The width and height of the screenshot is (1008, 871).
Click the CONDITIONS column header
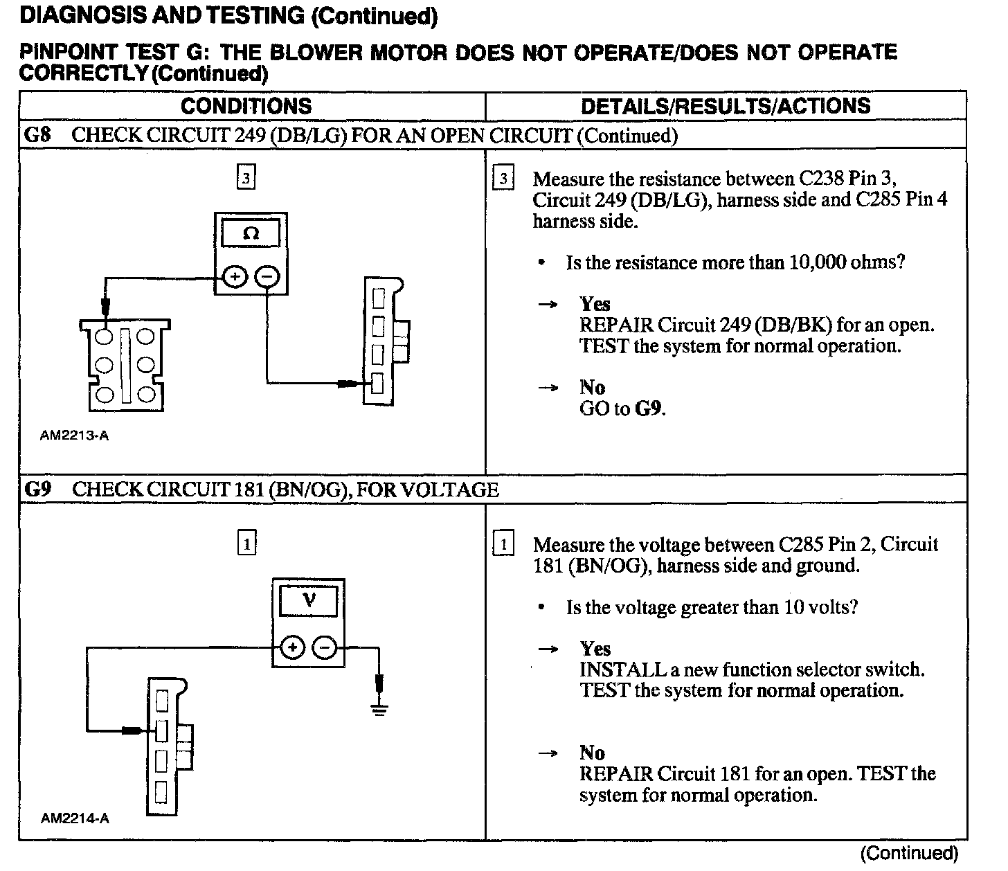point(246,106)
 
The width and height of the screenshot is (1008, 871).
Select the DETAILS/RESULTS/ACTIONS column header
point(726,106)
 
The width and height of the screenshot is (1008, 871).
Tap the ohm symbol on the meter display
point(251,234)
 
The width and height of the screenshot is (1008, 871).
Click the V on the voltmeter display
point(309,600)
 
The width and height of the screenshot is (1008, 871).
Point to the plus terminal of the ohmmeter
point(235,278)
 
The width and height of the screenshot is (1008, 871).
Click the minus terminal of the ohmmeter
point(267,278)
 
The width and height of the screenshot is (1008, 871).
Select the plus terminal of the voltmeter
point(293,648)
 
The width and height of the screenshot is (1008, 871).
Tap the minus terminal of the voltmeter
point(324,648)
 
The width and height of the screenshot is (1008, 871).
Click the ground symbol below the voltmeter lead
point(379,709)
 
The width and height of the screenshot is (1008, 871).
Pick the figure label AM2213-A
point(74,435)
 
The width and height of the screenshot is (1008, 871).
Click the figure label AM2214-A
point(75,818)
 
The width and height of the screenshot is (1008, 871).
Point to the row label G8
point(37,135)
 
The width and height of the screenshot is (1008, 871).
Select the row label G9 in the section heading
point(38,490)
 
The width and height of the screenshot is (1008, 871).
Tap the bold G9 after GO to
point(649,408)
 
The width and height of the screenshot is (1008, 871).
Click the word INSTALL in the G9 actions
point(612,670)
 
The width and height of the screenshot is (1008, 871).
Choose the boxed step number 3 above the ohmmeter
point(246,178)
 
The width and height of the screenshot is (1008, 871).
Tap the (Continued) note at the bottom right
point(909,854)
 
